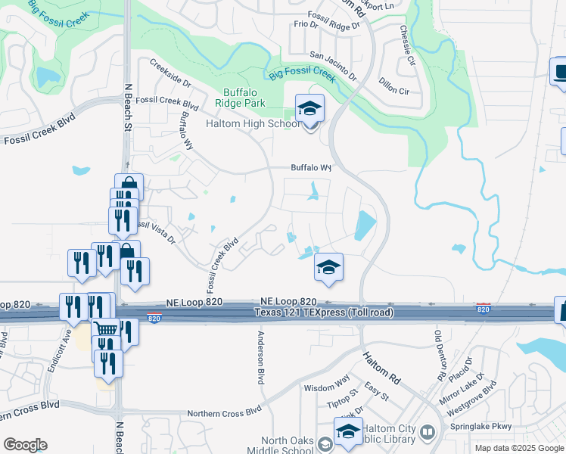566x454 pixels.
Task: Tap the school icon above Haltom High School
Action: tap(309, 110)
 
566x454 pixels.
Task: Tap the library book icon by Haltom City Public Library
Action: tap(428, 433)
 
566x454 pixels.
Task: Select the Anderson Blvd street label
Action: tap(262, 358)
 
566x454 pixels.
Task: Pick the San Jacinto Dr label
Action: tap(334, 66)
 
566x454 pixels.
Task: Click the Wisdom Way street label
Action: tap(326, 387)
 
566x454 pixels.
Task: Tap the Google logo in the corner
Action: tap(25, 444)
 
